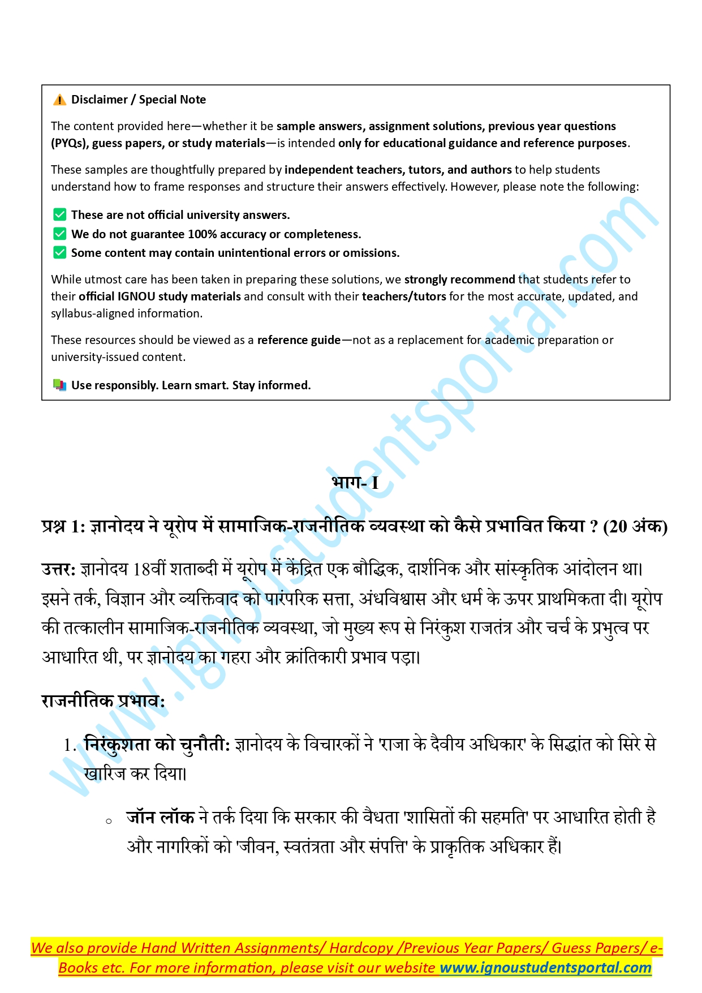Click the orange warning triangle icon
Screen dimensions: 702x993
click(59, 100)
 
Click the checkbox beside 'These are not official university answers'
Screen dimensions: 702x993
click(59, 215)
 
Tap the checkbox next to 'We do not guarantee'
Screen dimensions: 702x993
click(59, 234)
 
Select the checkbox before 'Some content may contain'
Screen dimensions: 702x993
click(59, 253)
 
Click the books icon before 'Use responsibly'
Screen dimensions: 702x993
click(59, 385)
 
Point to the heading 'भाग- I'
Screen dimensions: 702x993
click(355, 483)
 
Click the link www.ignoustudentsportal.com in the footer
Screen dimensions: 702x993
click(545, 968)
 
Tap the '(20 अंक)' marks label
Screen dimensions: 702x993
click(635, 527)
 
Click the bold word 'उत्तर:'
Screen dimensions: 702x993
click(58, 569)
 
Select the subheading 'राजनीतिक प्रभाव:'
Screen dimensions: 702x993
click(103, 702)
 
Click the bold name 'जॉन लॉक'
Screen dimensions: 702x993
click(160, 818)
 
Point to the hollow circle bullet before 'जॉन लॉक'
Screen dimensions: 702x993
click(109, 821)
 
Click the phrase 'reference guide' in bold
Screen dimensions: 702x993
click(299, 340)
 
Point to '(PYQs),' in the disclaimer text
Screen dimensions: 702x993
click(70, 143)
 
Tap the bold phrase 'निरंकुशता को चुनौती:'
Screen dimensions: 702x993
click(157, 745)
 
